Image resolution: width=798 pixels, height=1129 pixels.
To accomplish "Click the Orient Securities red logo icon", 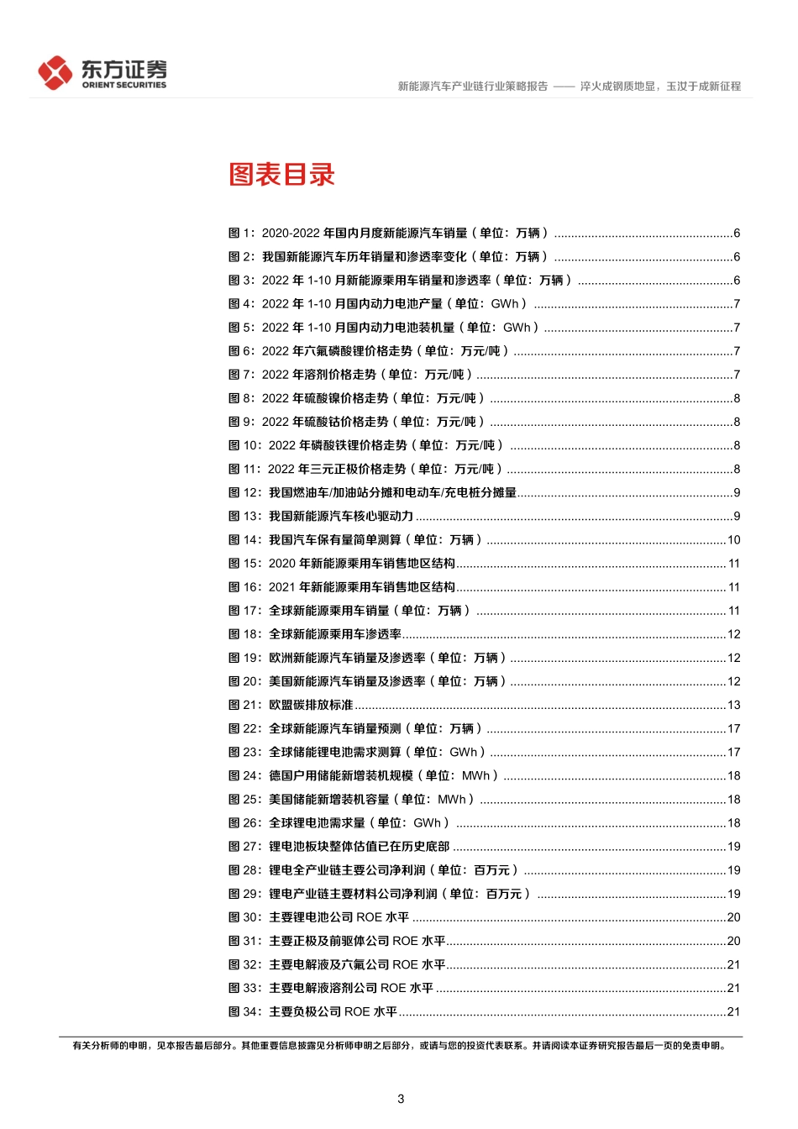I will point(55,72).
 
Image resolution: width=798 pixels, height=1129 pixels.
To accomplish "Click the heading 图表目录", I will point(281,175).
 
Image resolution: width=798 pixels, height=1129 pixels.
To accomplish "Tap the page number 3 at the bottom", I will point(401,1099).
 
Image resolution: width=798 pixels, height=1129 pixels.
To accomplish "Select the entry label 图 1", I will point(242,234).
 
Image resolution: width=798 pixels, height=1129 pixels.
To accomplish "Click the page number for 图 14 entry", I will point(733,540).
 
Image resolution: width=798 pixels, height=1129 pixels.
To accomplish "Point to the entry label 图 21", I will point(245,705).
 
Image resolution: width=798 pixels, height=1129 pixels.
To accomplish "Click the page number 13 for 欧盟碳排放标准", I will point(733,705).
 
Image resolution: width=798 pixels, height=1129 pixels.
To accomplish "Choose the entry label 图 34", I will point(245,1011).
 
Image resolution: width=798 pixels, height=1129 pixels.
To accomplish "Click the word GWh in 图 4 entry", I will point(505,304).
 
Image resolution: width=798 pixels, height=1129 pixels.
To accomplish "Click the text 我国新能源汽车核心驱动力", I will point(341,517).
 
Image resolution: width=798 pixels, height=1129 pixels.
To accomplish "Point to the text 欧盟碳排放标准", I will point(311,705).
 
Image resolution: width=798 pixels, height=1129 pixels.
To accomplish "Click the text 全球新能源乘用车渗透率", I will point(335,634).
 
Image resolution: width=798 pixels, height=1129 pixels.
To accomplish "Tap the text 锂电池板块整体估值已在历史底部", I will point(359,847).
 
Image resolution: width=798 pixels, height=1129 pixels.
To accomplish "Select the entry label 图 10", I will point(245,445).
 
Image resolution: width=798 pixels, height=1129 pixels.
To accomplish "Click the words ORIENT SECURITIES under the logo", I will point(124,85).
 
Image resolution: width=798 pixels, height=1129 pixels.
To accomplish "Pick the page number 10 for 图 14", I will point(733,540).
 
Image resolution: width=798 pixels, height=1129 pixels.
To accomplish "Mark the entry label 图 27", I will point(245,847).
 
